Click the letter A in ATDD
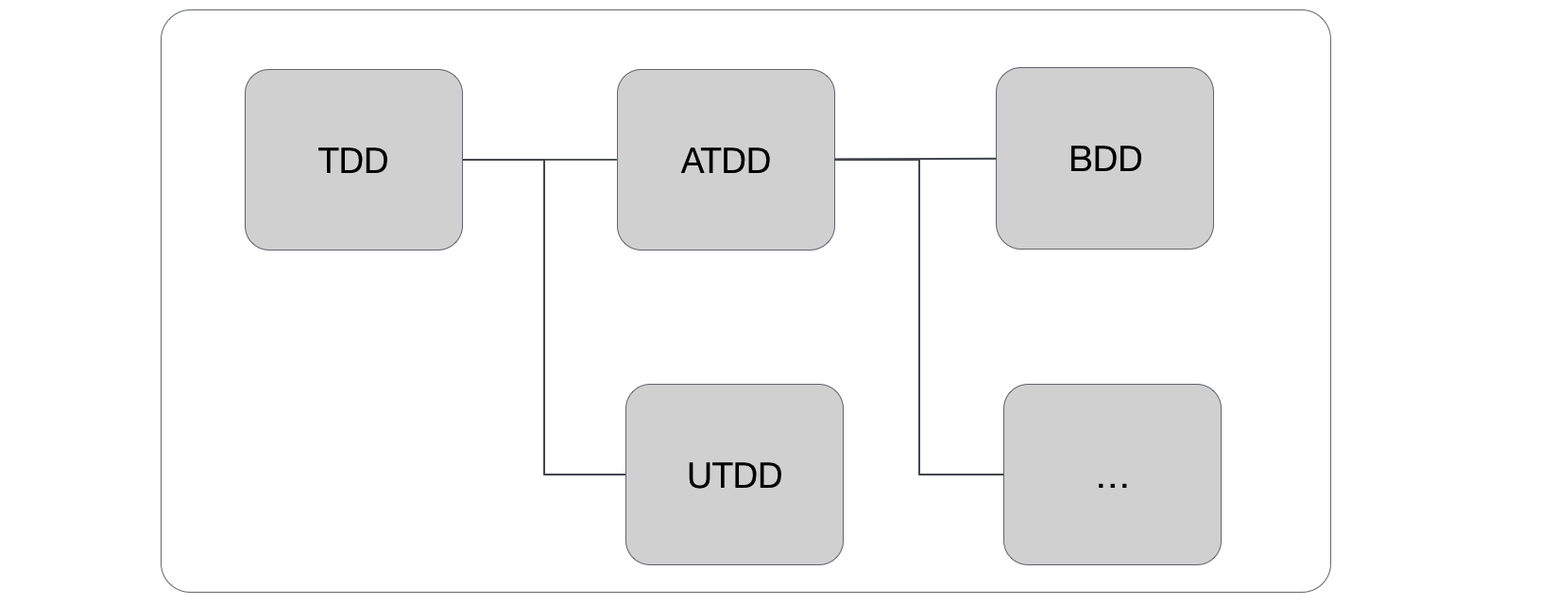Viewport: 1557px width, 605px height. (692, 161)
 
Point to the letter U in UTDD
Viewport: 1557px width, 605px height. (698, 475)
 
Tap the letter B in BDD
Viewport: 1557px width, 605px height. (1079, 159)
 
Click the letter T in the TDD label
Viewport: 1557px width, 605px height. (329, 161)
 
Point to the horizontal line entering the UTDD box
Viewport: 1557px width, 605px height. (586, 475)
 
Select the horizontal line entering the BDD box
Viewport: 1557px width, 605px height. (959, 159)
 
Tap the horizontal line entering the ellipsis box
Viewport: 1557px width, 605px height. (962, 475)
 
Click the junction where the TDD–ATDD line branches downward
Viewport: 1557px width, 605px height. (544, 160)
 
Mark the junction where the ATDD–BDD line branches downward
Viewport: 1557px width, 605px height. (919, 160)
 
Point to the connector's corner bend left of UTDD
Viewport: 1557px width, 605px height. (544, 475)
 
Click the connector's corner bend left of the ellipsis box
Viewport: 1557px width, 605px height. (919, 475)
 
